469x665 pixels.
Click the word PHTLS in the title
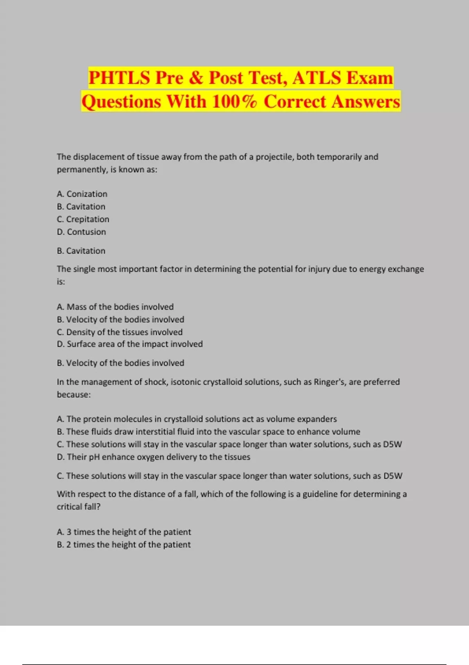coord(119,77)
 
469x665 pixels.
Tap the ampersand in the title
coord(196,77)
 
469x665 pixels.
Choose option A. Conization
coord(82,194)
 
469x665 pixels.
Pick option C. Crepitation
coord(83,219)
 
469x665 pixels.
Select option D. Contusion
coord(81,232)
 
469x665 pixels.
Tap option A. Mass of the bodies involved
coord(115,307)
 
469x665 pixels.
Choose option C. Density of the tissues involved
coord(120,332)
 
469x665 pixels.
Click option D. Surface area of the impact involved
coord(130,344)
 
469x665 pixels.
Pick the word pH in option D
coord(94,457)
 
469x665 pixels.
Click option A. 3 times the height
coord(124,532)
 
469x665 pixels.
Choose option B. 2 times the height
coord(124,545)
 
